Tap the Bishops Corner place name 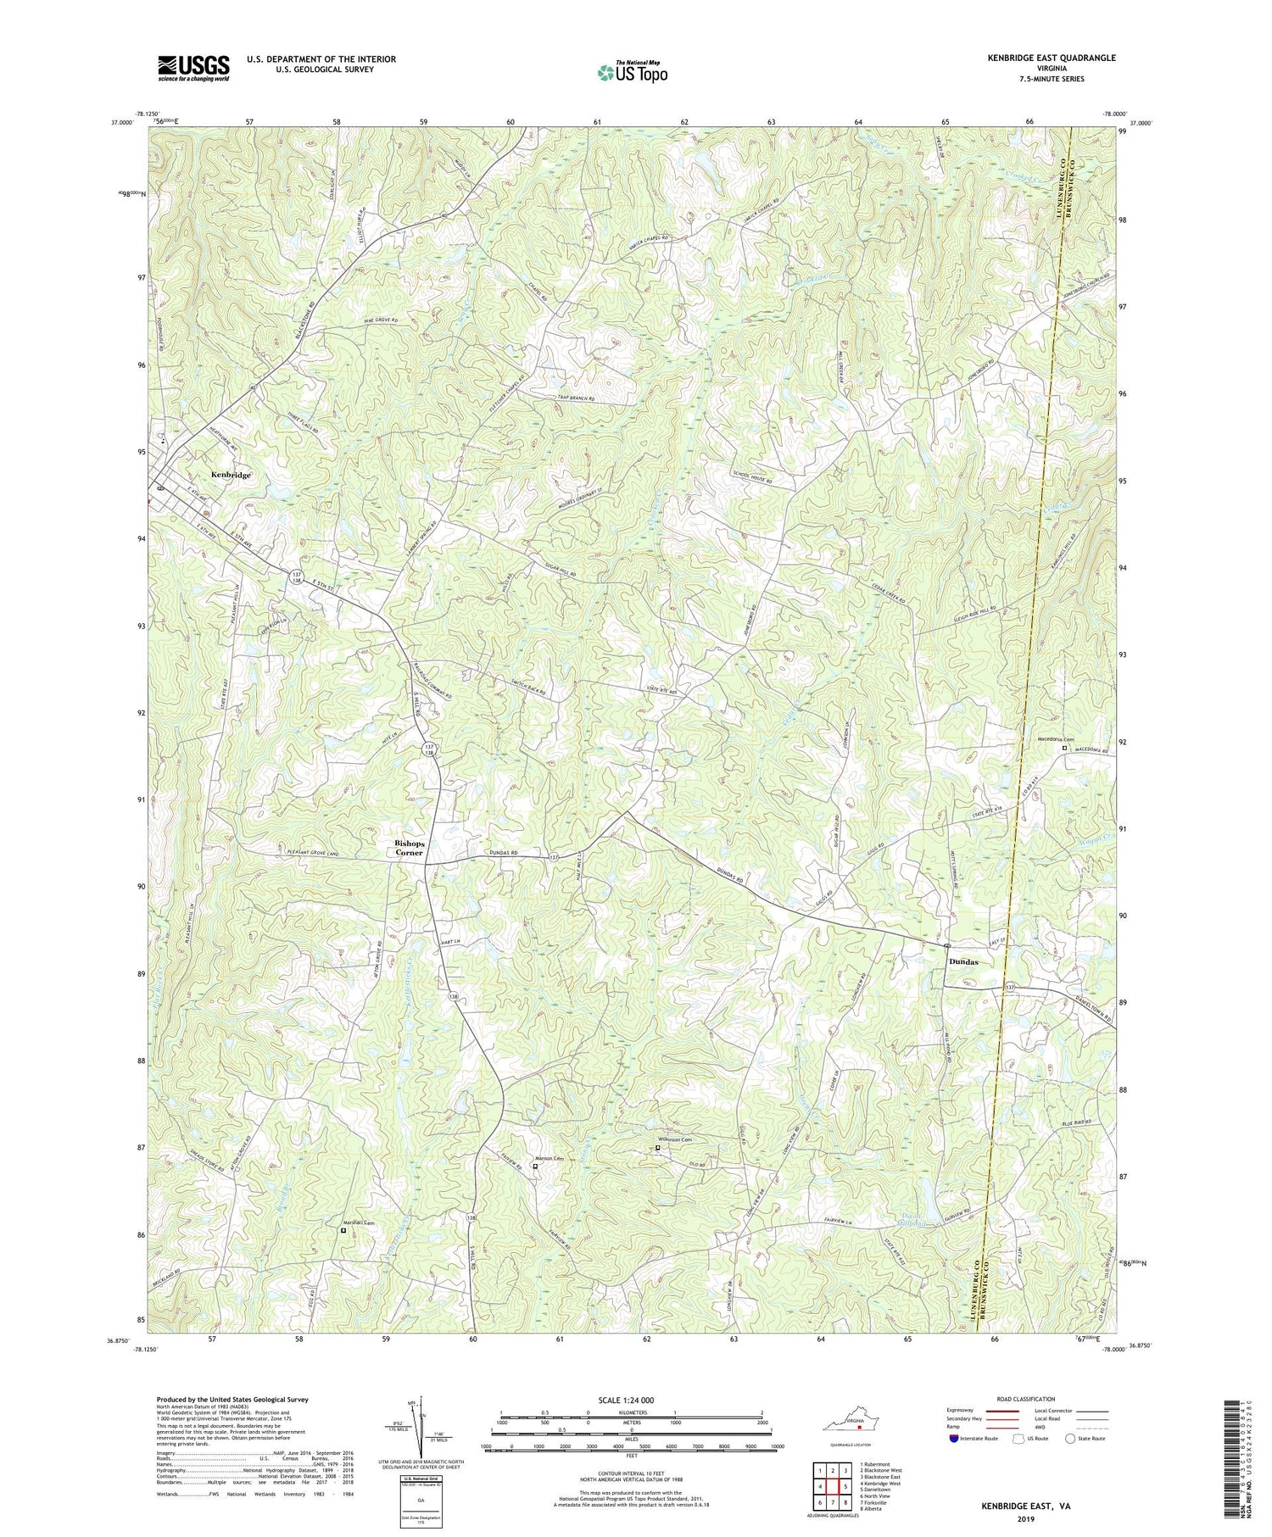(416, 848)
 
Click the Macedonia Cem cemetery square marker (1065, 749)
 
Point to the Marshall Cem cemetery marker (343, 1230)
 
